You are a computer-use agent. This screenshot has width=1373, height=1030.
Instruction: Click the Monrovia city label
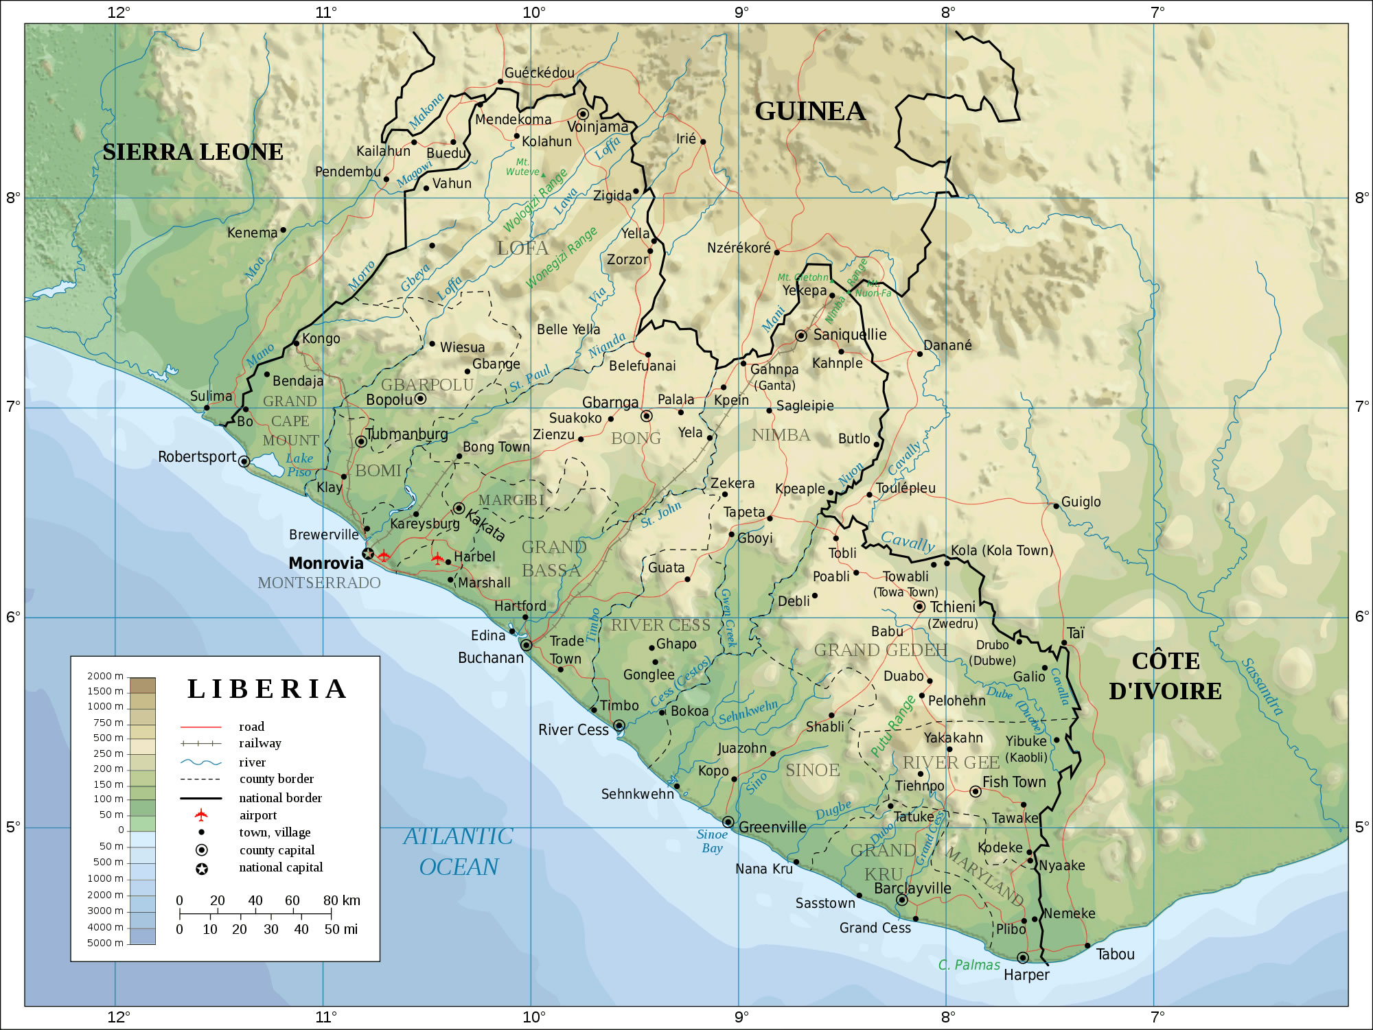(x=325, y=563)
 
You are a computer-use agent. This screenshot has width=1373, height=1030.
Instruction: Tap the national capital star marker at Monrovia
(x=368, y=553)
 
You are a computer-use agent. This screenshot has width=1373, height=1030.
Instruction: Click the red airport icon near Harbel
(x=437, y=559)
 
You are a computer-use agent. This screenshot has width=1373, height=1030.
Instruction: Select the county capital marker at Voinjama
(x=583, y=114)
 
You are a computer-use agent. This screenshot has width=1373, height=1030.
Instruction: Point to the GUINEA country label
(x=809, y=111)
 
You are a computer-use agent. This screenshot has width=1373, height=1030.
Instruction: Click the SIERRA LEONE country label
(x=193, y=152)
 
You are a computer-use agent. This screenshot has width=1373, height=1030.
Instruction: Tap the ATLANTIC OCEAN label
(x=458, y=852)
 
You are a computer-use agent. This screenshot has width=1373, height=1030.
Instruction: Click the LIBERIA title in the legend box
(x=267, y=689)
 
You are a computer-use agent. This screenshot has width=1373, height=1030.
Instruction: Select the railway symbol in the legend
(x=200, y=743)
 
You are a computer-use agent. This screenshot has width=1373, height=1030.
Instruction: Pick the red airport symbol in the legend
(x=201, y=815)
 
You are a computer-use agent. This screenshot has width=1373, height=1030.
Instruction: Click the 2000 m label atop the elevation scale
(x=105, y=676)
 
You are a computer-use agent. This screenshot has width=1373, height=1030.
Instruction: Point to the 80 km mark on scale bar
(x=341, y=900)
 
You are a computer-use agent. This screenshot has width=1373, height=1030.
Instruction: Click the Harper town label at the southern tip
(x=1026, y=975)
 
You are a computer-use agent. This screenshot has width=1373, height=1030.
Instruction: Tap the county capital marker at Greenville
(x=728, y=822)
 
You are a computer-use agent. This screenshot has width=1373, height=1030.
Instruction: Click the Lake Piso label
(x=300, y=465)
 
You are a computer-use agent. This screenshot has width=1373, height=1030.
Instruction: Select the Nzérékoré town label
(x=739, y=248)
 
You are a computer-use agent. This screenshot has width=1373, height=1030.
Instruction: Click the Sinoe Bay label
(x=712, y=841)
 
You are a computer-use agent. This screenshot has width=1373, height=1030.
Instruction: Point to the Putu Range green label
(x=893, y=726)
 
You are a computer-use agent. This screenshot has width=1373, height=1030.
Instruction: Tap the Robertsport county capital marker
(x=244, y=461)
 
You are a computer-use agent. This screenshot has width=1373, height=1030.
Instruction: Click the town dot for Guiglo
(x=1056, y=506)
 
